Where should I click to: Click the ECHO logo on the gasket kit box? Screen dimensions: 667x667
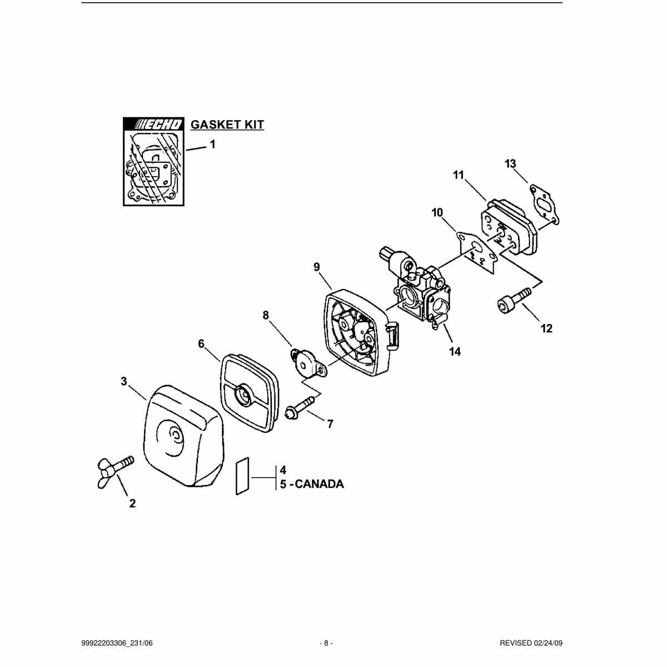tap(153, 124)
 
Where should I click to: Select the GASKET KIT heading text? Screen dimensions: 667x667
tap(227, 125)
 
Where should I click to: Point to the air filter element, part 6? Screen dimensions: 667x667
tap(246, 393)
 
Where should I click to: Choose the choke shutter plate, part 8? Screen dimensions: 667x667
tap(308, 364)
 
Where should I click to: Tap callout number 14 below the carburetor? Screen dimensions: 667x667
tap(455, 351)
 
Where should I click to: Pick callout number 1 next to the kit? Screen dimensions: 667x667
tap(212, 144)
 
